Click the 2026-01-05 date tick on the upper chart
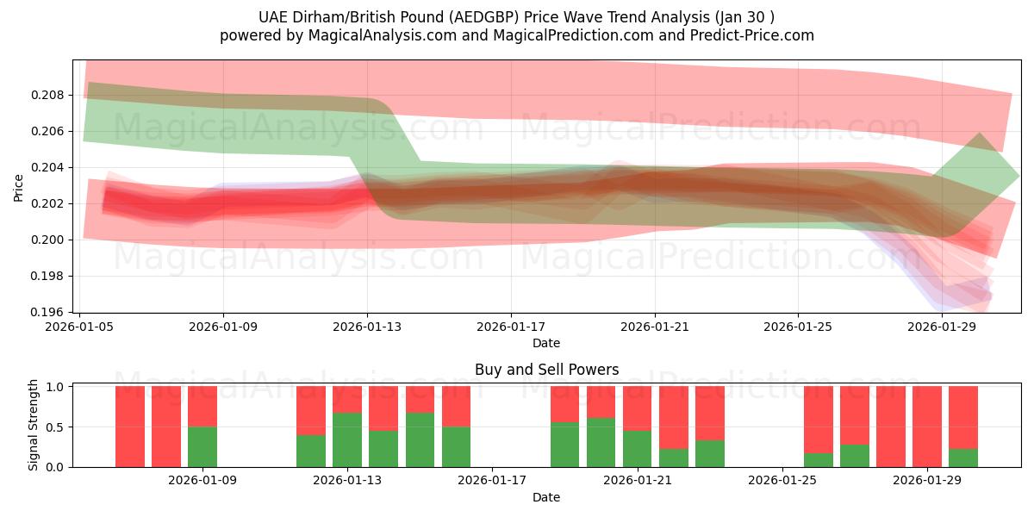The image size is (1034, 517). (80, 327)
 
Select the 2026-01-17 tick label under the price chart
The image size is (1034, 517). (511, 327)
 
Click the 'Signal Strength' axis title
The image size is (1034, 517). (34, 425)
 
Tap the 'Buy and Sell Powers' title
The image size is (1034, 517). (546, 370)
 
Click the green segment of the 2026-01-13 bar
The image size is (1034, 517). (347, 439)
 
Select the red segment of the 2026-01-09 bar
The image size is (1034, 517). (202, 406)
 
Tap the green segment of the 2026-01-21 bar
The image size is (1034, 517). (637, 448)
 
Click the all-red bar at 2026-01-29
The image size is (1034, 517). (927, 427)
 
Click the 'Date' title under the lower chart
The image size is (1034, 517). (546, 497)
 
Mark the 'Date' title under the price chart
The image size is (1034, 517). (546, 343)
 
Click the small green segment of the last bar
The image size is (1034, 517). (963, 458)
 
